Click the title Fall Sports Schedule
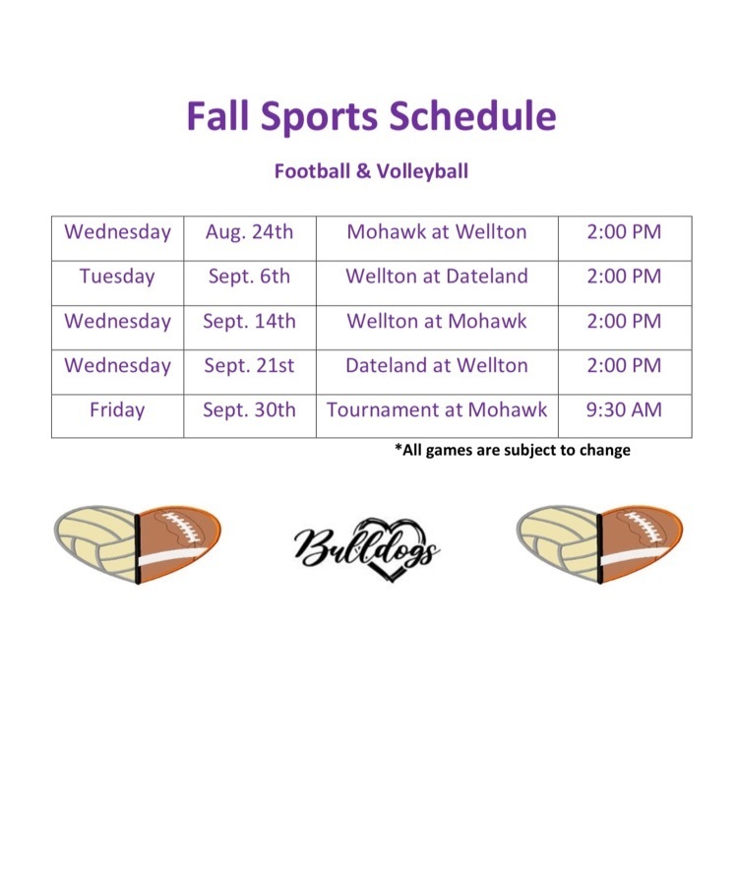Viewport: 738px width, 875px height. point(371,116)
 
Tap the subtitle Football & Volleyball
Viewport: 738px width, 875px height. point(371,170)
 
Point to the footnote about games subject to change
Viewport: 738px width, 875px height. point(513,450)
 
